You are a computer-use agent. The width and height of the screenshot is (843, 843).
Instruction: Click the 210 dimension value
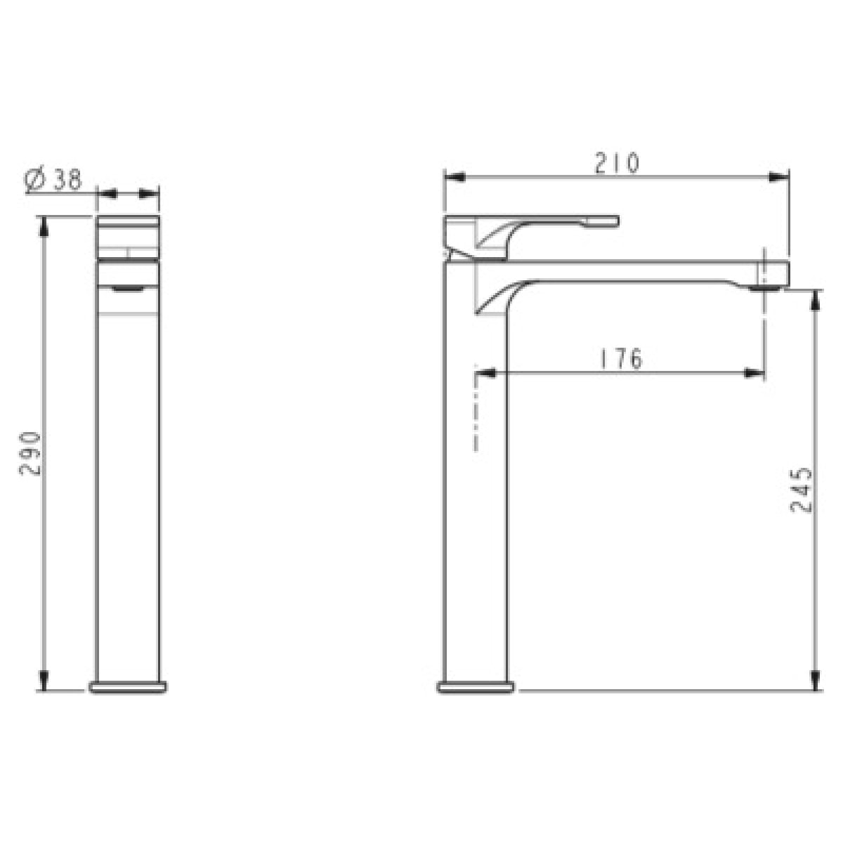[617, 163]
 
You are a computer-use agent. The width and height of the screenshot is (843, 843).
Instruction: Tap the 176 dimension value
[621, 359]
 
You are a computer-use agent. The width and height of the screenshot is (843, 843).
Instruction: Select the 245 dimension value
[802, 490]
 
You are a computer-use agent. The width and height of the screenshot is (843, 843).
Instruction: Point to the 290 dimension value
[32, 454]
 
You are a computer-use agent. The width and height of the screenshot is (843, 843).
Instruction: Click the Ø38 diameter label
[53, 181]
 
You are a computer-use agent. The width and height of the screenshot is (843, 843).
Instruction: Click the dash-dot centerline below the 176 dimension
[477, 414]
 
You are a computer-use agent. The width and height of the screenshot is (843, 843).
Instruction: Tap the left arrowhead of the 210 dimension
[454, 177]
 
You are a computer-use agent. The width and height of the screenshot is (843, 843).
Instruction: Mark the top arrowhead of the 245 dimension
[816, 299]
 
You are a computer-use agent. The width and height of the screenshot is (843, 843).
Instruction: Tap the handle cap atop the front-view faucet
[127, 223]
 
